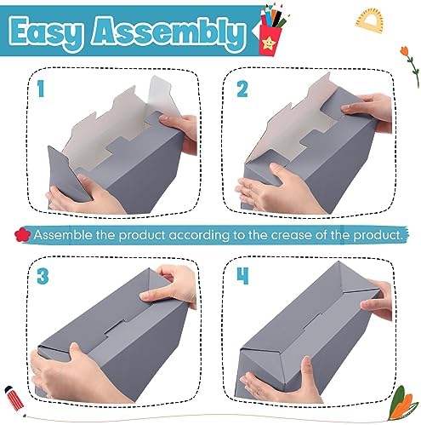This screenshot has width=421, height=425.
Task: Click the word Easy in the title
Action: tap(47, 33)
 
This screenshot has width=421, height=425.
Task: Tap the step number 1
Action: tap(41, 89)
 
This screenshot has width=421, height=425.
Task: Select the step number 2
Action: tap(242, 89)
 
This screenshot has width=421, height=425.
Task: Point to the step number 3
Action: tap(43, 276)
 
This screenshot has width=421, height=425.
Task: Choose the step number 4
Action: tap(242, 276)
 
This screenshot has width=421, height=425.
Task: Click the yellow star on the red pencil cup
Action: tap(268, 43)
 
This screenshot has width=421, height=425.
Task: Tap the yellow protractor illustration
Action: tap(369, 20)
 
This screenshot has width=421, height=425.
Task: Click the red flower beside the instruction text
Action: tap(22, 235)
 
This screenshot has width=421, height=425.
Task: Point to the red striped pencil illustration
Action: tap(14, 399)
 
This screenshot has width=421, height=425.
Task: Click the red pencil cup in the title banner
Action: tap(270, 40)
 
